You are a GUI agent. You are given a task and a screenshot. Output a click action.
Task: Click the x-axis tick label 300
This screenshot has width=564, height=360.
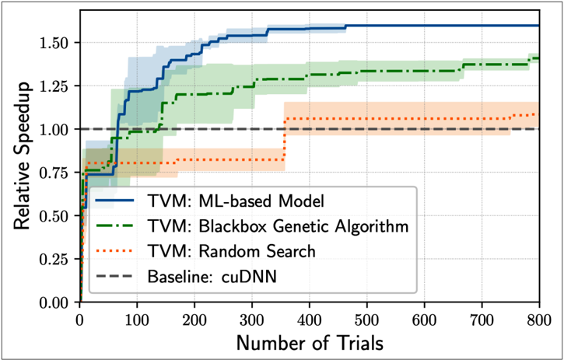(251, 320)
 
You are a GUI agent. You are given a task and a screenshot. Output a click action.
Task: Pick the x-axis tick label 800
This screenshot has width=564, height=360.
(539, 320)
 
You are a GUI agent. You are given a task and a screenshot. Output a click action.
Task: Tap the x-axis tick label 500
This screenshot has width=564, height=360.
(366, 320)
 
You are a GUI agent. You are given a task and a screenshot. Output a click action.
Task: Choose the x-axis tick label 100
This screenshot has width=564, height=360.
(137, 320)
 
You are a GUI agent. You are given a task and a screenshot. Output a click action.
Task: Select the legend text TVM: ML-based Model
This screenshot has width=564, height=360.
(236, 201)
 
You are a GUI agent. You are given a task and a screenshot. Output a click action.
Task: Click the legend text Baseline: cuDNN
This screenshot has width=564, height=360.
(212, 277)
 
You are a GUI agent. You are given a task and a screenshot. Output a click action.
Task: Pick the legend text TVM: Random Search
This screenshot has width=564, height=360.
(232, 251)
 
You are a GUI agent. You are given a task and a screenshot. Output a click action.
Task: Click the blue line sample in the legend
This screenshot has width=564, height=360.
(114, 200)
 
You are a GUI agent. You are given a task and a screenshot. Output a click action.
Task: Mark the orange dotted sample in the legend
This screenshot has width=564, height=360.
(114, 250)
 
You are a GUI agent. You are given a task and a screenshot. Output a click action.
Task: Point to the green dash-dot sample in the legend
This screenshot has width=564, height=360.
(114, 225)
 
